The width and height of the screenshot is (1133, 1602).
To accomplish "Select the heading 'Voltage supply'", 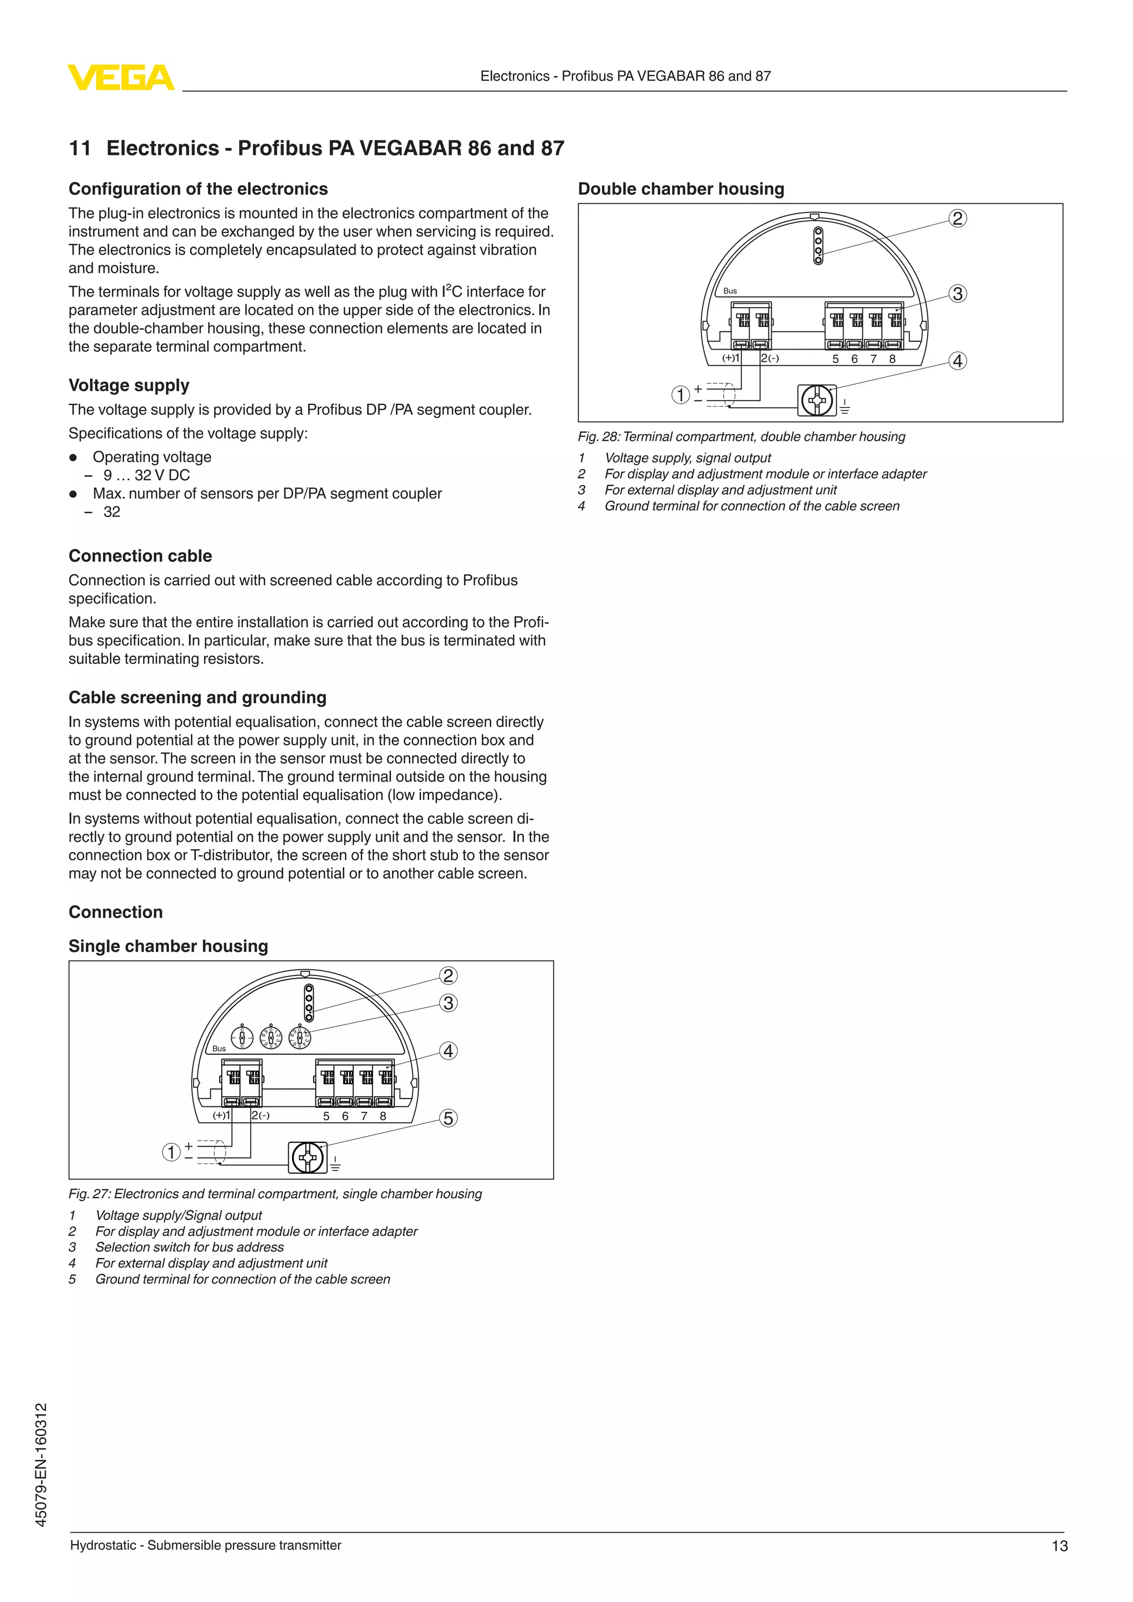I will coord(129,385).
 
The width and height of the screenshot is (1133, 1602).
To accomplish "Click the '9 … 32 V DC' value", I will coord(147,475).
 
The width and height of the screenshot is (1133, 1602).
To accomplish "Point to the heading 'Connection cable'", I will coord(140,556).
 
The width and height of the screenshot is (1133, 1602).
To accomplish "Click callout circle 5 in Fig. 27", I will coord(448,1119).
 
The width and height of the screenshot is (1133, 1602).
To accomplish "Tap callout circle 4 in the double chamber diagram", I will coord(958,361).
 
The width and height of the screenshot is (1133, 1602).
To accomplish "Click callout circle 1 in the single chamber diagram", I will coord(171,1152).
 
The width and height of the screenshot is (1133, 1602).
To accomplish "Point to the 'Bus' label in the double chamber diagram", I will coord(730,291).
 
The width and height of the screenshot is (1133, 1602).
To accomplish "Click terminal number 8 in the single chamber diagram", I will coord(383,1116).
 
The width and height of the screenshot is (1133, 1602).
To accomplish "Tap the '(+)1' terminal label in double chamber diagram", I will coord(730,358).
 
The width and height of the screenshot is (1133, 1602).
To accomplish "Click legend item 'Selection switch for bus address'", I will coord(190,1247).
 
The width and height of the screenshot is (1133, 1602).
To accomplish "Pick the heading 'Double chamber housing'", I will coord(681,189).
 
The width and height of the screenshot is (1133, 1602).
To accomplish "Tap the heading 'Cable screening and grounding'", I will coord(198,698).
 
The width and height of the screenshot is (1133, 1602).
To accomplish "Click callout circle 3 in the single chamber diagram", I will coord(448,1003).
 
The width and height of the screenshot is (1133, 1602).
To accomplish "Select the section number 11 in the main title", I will coord(80,148).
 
